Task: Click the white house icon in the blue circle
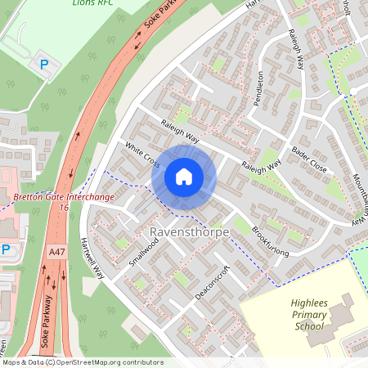(184, 177)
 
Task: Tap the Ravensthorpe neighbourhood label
(190, 233)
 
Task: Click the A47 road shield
(56, 254)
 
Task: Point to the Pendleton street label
(260, 89)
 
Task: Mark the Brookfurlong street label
(270, 240)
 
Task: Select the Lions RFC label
(92, 3)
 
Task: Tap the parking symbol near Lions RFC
(44, 63)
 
